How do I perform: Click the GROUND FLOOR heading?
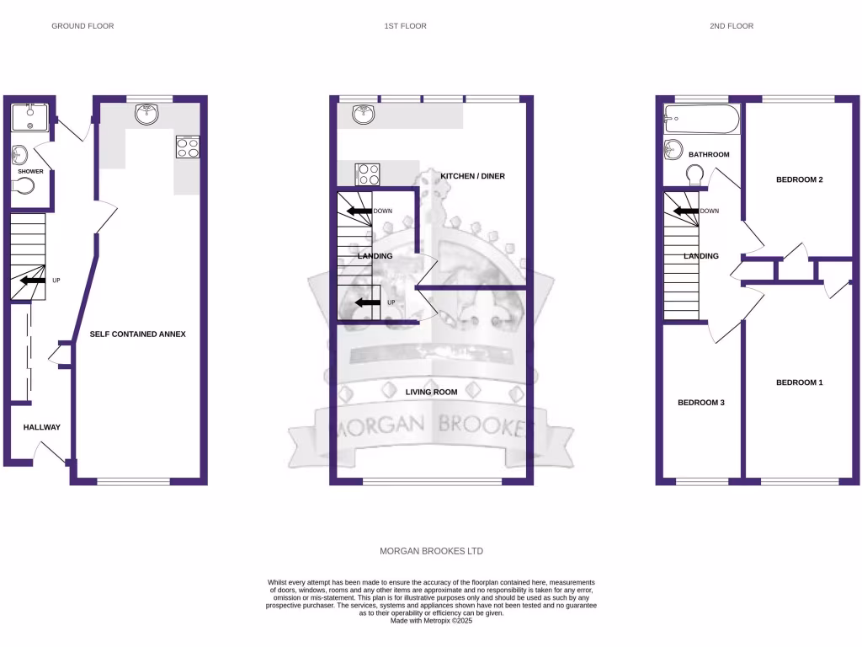(x=82, y=26)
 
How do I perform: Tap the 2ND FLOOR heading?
(x=731, y=26)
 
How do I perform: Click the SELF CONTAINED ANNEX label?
(x=138, y=334)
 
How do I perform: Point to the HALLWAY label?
(x=42, y=427)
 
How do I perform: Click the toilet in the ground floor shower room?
(x=25, y=185)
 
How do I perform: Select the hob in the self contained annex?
(x=189, y=147)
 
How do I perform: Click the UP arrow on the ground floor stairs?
(x=34, y=281)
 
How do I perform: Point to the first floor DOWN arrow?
(x=360, y=211)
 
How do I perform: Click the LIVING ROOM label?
(x=431, y=392)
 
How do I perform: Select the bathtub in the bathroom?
(x=701, y=120)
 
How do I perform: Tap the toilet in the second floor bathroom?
(x=695, y=175)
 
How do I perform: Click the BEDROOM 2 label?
(x=799, y=179)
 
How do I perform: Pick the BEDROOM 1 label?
(x=799, y=382)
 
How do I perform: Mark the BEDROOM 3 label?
(x=701, y=403)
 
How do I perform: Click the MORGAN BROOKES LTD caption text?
(x=431, y=551)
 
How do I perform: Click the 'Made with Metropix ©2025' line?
(x=431, y=621)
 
